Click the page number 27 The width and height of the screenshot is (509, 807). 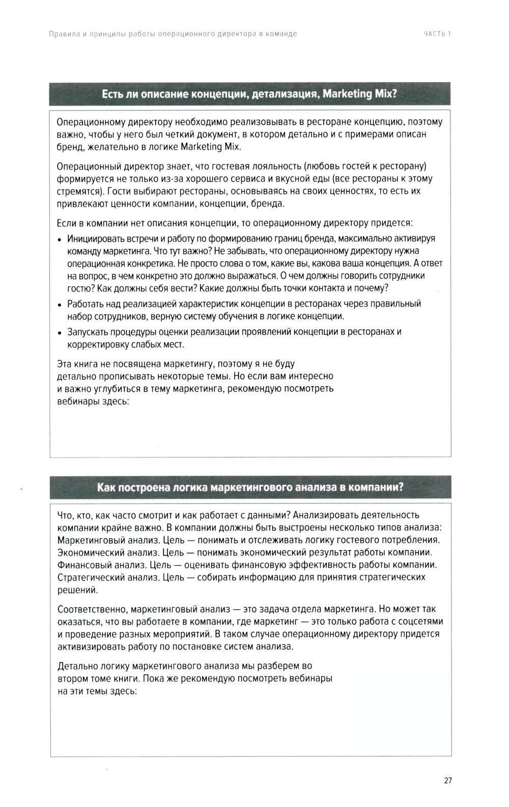(447, 781)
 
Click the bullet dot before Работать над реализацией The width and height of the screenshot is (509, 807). (60, 305)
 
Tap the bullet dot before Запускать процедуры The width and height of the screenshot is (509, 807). (60, 333)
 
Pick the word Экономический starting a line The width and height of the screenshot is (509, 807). (84, 552)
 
